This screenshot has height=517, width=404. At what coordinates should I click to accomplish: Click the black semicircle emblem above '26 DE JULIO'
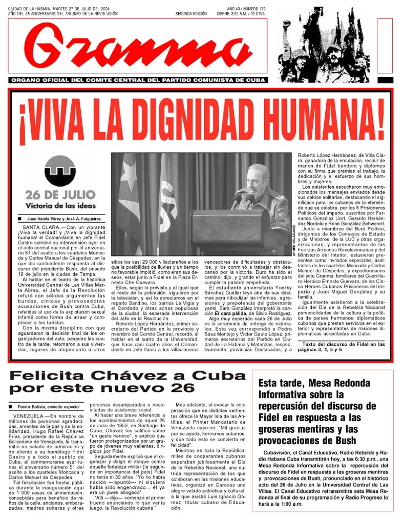[x=60, y=171]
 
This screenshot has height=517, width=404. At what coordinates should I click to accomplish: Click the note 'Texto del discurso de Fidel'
[x=338, y=344]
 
